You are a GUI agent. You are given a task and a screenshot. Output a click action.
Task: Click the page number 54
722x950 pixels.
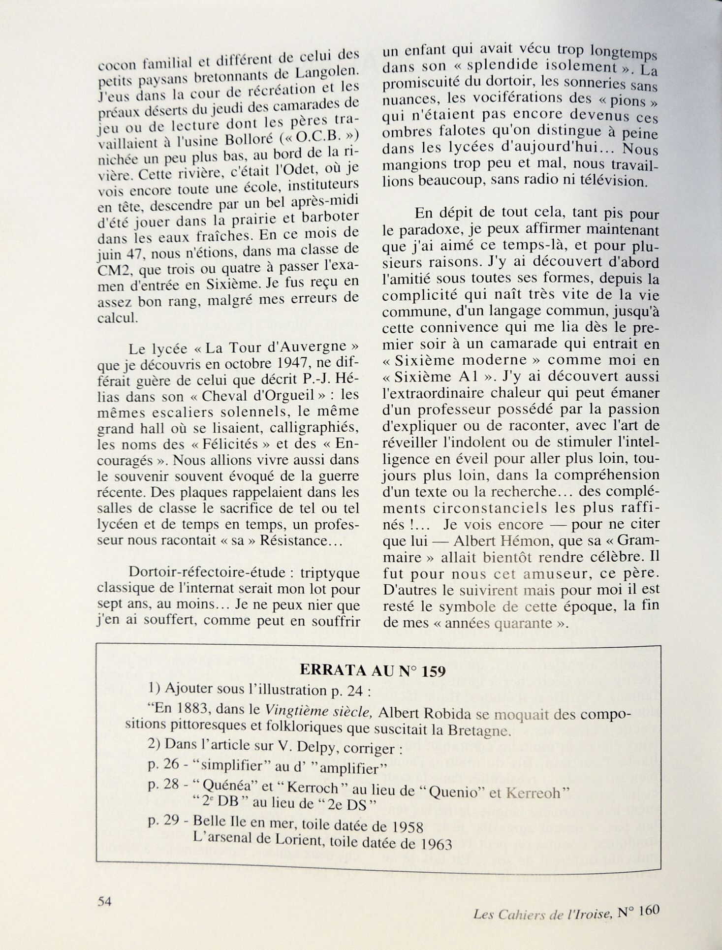point(105,901)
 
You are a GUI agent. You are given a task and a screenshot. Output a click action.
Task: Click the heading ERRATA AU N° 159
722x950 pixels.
point(373,671)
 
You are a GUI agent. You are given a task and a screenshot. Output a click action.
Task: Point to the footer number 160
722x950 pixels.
point(650,911)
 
